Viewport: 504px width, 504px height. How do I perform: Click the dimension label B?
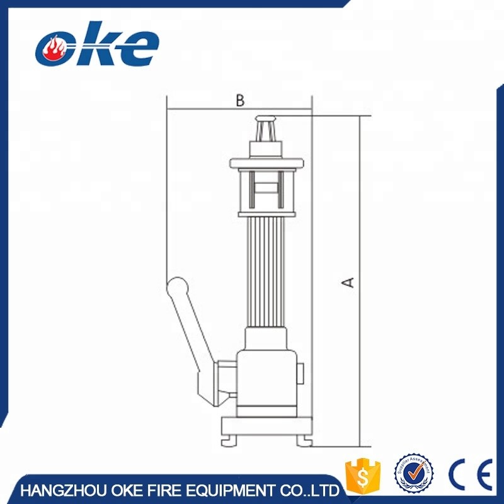click(239, 100)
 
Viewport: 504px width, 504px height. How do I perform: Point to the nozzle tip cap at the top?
click(267, 120)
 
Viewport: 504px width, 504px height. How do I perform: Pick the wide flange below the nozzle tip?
click(267, 164)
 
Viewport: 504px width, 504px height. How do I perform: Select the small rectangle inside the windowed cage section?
click(267, 188)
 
